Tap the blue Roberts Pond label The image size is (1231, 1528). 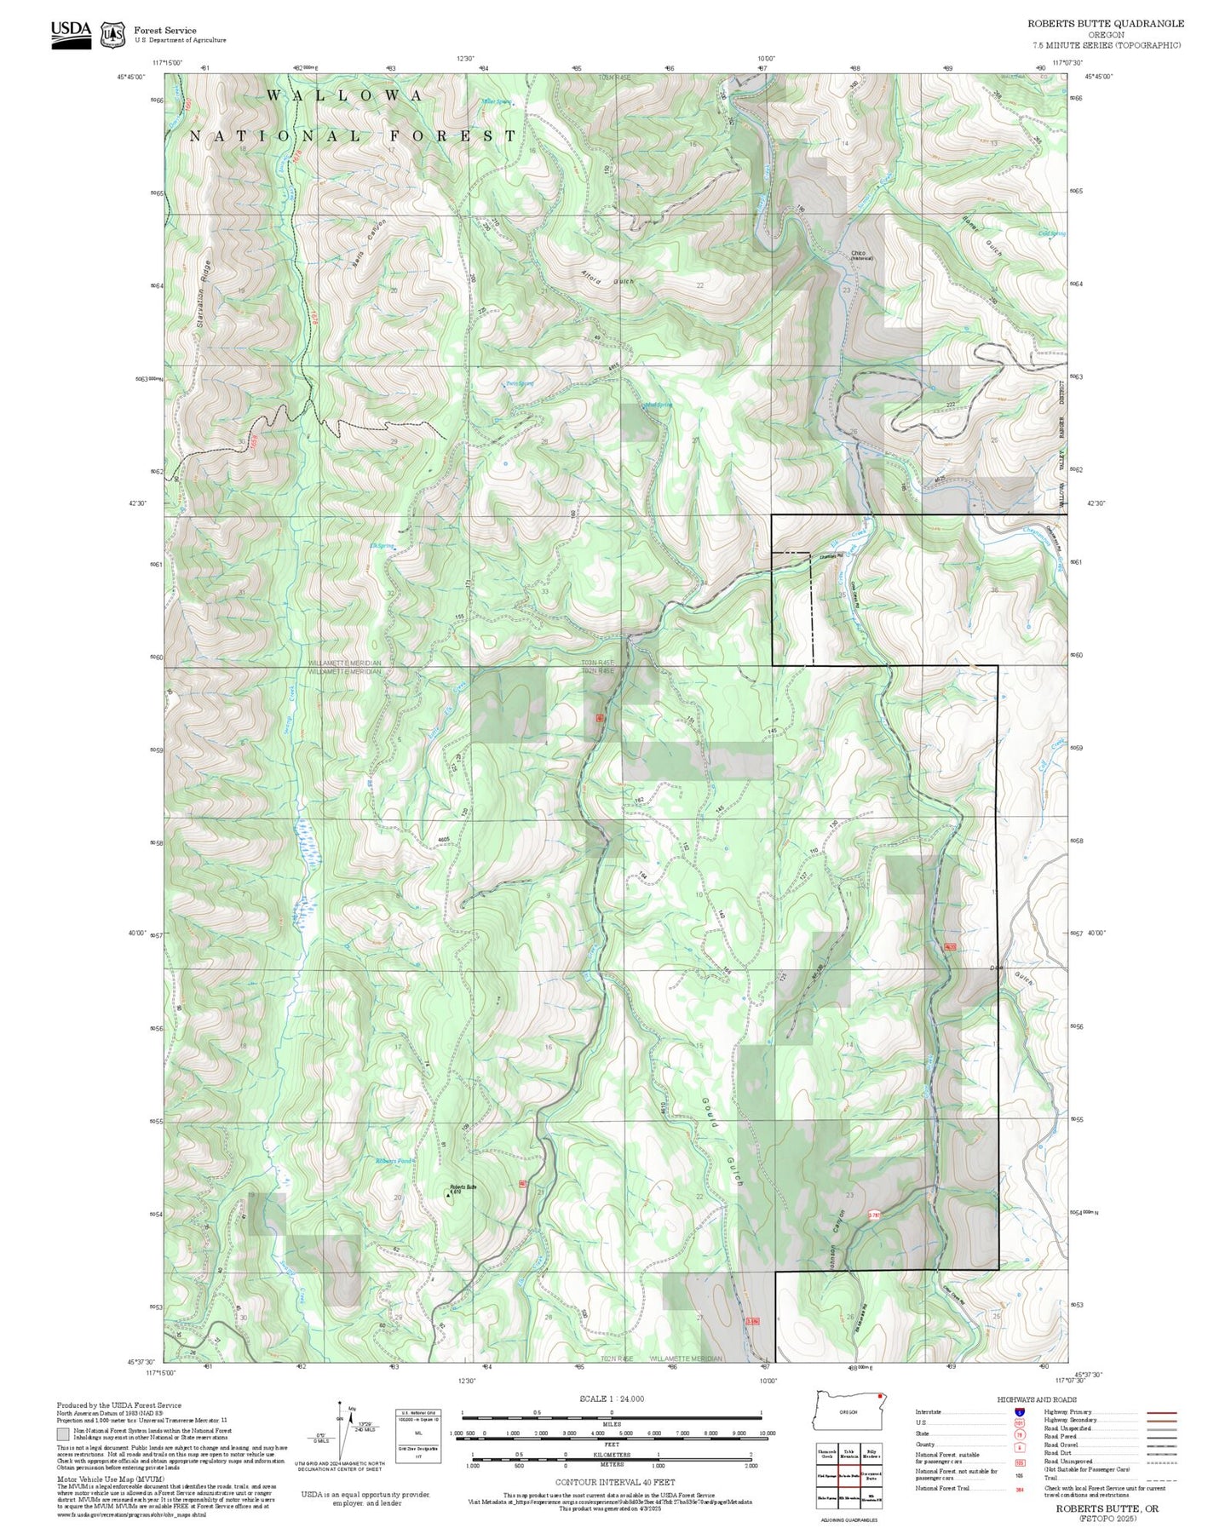click(x=394, y=1161)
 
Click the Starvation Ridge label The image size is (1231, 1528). click(x=202, y=294)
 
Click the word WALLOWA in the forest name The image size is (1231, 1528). click(x=344, y=95)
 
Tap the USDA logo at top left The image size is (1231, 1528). click(x=71, y=34)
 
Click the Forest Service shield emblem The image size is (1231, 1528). click(x=112, y=35)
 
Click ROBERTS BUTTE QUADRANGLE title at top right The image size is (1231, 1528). click(x=1105, y=23)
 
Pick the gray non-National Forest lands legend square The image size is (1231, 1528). click(x=63, y=1434)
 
